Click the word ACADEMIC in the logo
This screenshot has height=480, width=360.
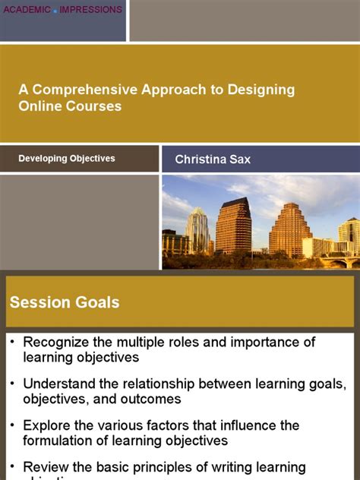(25, 10)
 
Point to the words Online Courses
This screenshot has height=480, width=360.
(70, 106)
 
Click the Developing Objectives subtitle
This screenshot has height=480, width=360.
(67, 159)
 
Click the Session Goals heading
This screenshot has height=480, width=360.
(65, 302)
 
